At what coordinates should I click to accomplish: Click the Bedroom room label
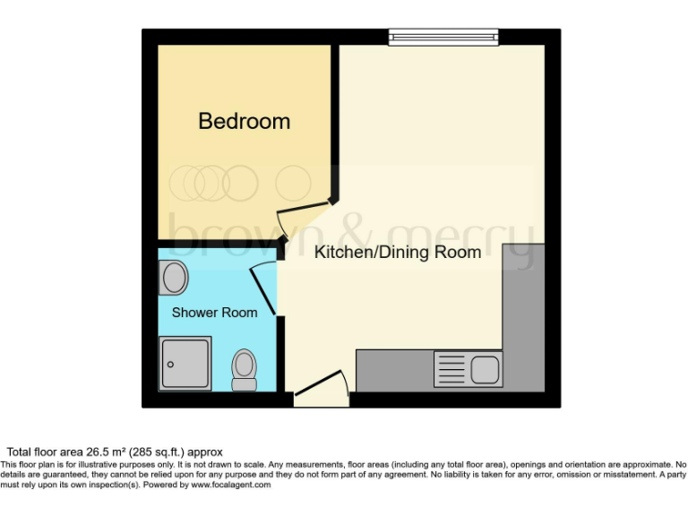pos(244,121)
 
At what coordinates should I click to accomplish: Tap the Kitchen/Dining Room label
pos(397,252)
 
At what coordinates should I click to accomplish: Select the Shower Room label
pos(214,313)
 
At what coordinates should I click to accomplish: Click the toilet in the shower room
pos(243,369)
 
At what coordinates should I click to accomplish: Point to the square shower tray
pos(185,364)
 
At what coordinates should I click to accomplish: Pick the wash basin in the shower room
pos(174,279)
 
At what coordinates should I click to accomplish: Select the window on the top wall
pos(443,36)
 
